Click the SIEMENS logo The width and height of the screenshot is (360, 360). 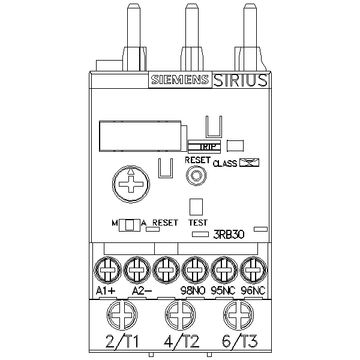180,80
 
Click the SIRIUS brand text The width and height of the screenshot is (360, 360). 240,80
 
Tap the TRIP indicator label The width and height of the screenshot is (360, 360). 208,147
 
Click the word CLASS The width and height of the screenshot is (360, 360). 225,163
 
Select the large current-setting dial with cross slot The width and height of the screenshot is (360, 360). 131,184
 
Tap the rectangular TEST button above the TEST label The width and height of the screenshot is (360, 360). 196,207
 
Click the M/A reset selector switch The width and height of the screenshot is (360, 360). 129,225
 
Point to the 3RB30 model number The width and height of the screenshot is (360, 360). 229,235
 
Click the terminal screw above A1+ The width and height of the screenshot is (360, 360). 107,270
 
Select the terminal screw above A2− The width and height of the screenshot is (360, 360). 137,270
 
